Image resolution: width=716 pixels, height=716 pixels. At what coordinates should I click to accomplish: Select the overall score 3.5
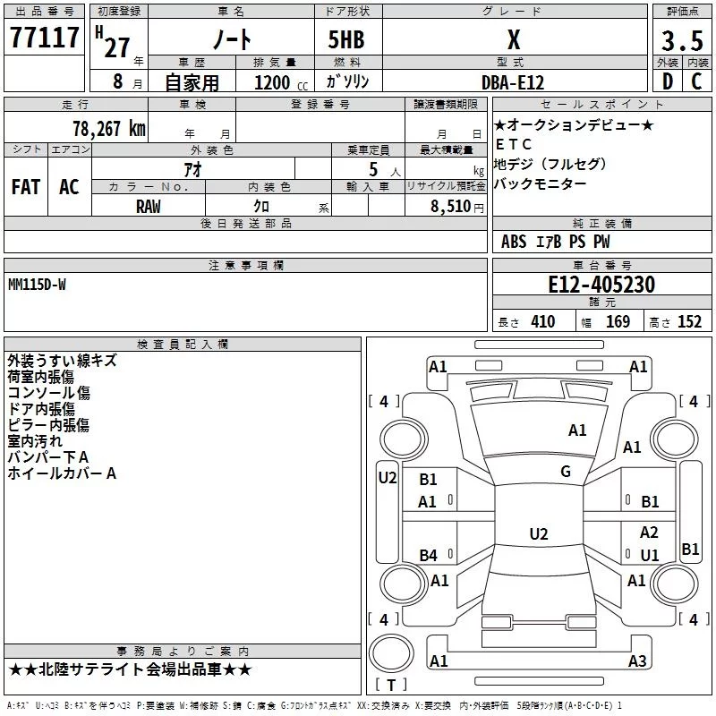point(681,40)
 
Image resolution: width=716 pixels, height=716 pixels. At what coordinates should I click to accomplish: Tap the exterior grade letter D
point(667,81)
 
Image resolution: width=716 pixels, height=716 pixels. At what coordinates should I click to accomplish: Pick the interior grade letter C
point(695,81)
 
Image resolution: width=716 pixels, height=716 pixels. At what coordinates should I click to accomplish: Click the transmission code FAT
point(26,186)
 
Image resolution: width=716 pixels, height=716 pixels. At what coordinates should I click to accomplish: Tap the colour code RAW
point(149,206)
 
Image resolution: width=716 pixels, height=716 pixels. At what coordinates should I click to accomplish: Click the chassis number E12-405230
point(601,285)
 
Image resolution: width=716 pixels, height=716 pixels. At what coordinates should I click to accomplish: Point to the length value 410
point(542,322)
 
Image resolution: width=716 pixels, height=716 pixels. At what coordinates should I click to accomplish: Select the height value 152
point(689,322)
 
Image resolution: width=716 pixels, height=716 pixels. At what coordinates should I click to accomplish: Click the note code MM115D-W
point(37,285)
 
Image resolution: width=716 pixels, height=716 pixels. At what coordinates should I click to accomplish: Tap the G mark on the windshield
point(566,472)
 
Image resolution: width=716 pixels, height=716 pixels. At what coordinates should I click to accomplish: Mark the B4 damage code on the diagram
point(429,556)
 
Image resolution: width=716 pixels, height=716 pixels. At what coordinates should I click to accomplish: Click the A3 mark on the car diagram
point(637,661)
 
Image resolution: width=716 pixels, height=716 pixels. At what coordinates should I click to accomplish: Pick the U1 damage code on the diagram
point(650,555)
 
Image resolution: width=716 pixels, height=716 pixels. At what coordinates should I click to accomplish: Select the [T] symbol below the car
point(391,685)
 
